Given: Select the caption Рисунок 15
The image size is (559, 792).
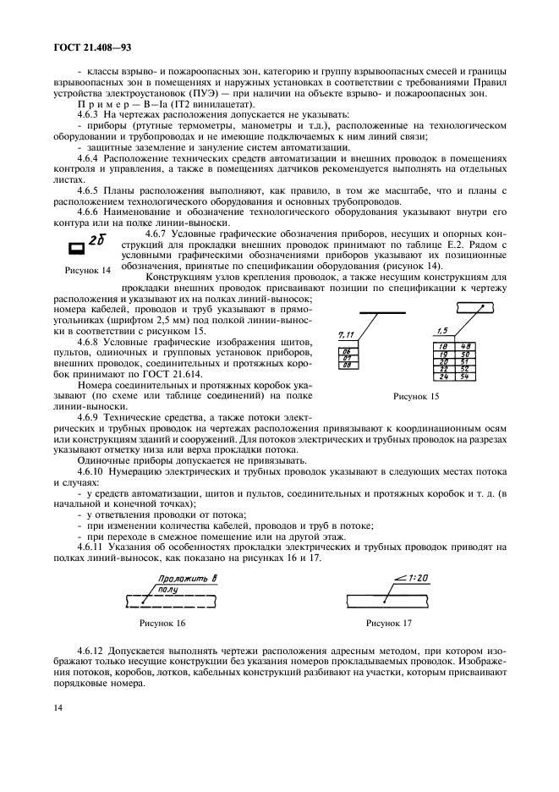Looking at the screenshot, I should pos(417,395).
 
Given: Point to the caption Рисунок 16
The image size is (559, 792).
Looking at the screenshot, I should pos(162,624).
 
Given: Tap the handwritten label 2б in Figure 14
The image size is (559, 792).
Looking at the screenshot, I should pos(97,240).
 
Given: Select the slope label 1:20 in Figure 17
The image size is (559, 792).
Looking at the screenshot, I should pos(414,578).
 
